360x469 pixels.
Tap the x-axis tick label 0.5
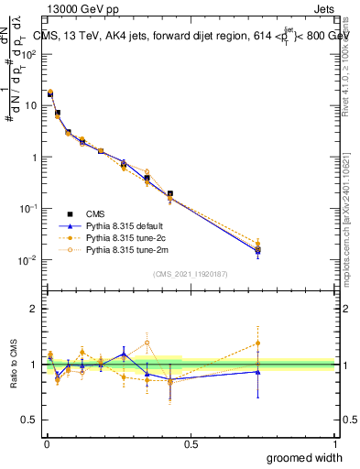pos(191,443)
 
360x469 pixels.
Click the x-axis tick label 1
pos(334,443)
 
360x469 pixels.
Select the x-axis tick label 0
pos(47,443)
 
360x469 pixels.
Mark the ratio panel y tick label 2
pos(35,309)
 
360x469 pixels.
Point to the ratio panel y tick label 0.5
pos(30,421)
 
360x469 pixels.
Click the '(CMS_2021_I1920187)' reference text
pos(191,275)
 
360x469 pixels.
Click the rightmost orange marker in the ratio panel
pos(257,344)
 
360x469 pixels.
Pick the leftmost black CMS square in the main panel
pos(49,93)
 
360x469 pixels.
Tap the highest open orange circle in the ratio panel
pos(147,344)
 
